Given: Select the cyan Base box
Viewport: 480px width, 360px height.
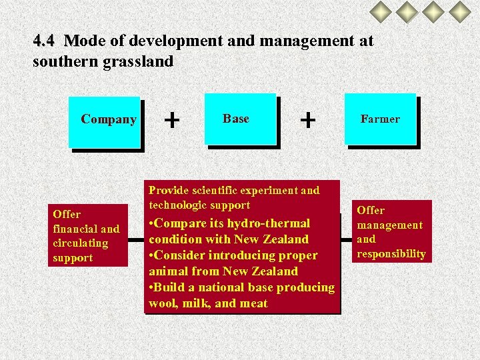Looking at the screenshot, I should pos(239,119).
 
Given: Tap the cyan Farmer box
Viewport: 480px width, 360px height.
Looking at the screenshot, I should pos(379,119).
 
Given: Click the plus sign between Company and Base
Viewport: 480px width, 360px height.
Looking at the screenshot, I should pos(172,120).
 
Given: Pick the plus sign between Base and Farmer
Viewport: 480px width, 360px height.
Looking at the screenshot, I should pos(307,120).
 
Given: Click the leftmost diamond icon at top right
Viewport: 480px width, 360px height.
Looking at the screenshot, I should pos(382,11).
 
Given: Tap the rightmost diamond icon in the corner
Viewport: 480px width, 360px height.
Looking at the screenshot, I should pos(459,11).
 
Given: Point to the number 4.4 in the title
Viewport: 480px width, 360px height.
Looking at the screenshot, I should pos(44,41).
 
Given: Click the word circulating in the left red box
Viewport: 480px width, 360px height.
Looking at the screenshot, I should pos(80,243).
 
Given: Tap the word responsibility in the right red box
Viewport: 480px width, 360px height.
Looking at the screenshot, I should pos(391,253).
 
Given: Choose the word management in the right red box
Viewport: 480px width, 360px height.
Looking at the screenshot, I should pos(389,225).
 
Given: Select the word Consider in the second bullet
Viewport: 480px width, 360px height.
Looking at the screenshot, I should pos(181,255).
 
